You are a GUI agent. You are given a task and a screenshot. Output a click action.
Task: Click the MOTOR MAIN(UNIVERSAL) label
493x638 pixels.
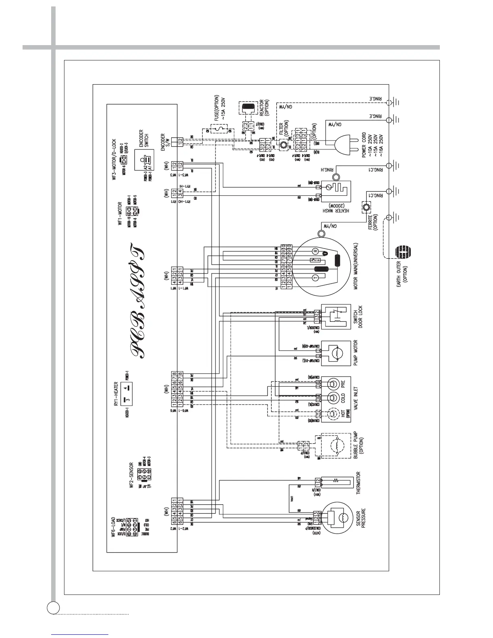point(358,268)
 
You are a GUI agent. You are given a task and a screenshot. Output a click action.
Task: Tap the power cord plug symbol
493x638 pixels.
point(344,143)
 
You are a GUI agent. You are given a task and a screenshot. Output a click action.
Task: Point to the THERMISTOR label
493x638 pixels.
point(358,483)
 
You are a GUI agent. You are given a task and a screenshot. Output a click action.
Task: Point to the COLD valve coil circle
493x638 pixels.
point(333,398)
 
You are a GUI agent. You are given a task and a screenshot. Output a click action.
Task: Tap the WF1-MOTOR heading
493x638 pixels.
point(120,215)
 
